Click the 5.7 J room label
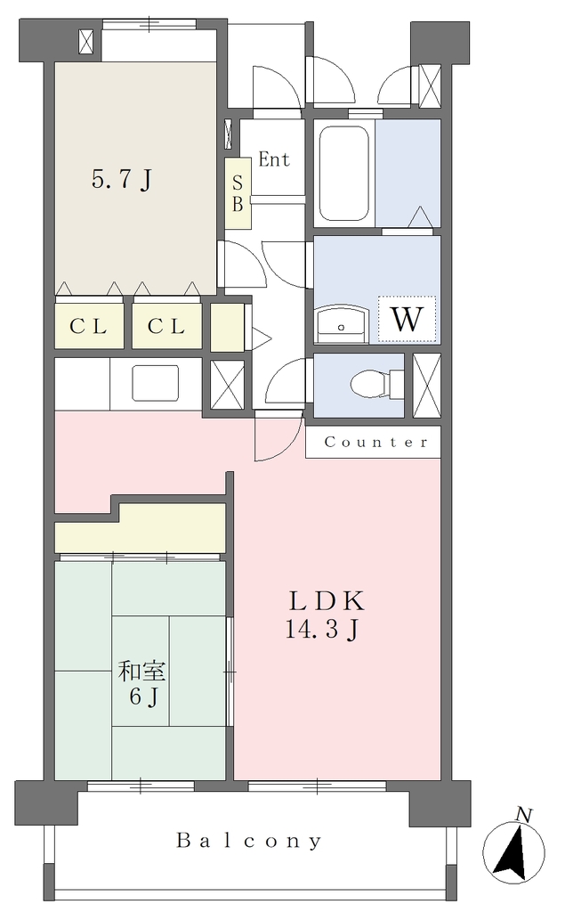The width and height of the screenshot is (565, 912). tap(122, 180)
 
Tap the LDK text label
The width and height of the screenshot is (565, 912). tap(327, 601)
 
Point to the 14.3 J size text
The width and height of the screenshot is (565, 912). tap(321, 630)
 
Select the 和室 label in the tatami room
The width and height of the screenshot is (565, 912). tap(141, 672)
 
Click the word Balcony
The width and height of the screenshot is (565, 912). tap(249, 841)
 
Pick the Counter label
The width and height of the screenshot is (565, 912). tap(375, 442)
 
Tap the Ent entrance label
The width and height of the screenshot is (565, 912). tap(274, 159)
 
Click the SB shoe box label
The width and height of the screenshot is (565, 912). tap(238, 193)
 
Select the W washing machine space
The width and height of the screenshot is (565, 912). tap(407, 319)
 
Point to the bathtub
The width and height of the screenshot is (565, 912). tap(343, 174)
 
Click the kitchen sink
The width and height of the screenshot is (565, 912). tap(155, 383)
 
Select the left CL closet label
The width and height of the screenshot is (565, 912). tap(88, 327)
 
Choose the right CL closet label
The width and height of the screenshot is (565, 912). tap(166, 327)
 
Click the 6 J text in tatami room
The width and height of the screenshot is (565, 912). tap(144, 696)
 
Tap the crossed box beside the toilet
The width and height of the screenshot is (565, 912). tap(427, 386)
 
